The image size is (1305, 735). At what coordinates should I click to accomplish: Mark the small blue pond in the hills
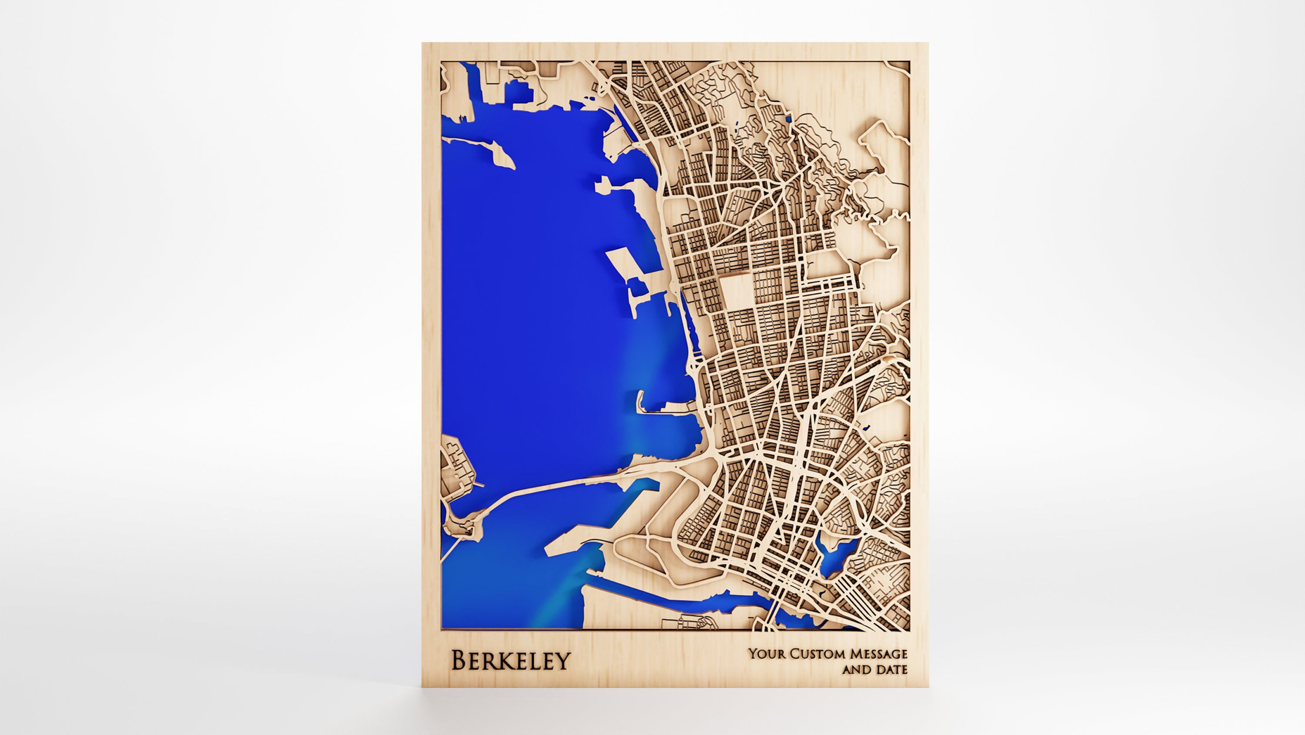(788, 121)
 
